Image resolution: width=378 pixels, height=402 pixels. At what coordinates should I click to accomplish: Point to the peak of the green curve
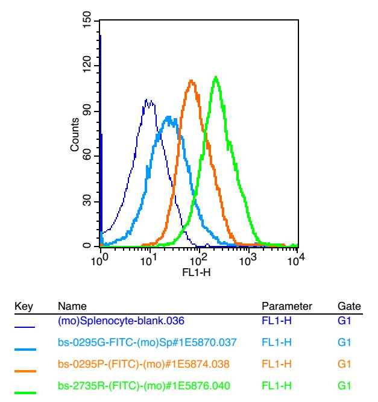[x=215, y=77]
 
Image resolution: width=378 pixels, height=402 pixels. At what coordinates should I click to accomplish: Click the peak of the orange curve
[x=191, y=80]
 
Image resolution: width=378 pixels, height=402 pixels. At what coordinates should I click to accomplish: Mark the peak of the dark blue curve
[x=147, y=99]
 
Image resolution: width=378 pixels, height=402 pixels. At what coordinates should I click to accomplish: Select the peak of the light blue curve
[x=169, y=116]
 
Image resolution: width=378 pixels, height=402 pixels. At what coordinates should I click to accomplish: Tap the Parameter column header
[x=286, y=307]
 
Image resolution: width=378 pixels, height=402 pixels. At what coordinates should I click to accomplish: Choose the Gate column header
[x=349, y=307]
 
